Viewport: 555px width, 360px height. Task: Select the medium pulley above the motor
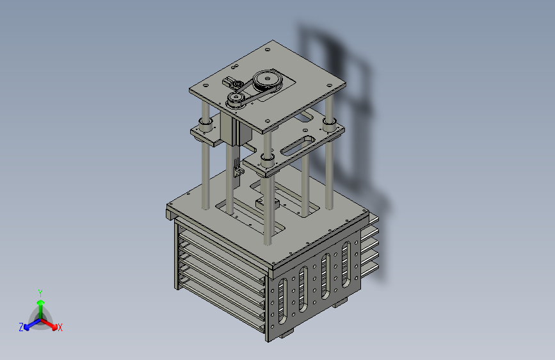(x=236, y=99)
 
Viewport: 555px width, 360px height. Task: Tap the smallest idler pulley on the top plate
(x=238, y=85)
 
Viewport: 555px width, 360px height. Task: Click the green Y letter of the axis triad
(x=40, y=293)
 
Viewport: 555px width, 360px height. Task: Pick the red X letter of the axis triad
(x=60, y=327)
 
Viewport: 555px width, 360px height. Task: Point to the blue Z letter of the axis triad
(x=21, y=327)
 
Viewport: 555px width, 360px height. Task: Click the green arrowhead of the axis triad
(x=41, y=302)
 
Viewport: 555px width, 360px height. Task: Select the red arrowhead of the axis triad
(x=54, y=327)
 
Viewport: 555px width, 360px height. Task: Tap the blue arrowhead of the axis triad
(x=27, y=327)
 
